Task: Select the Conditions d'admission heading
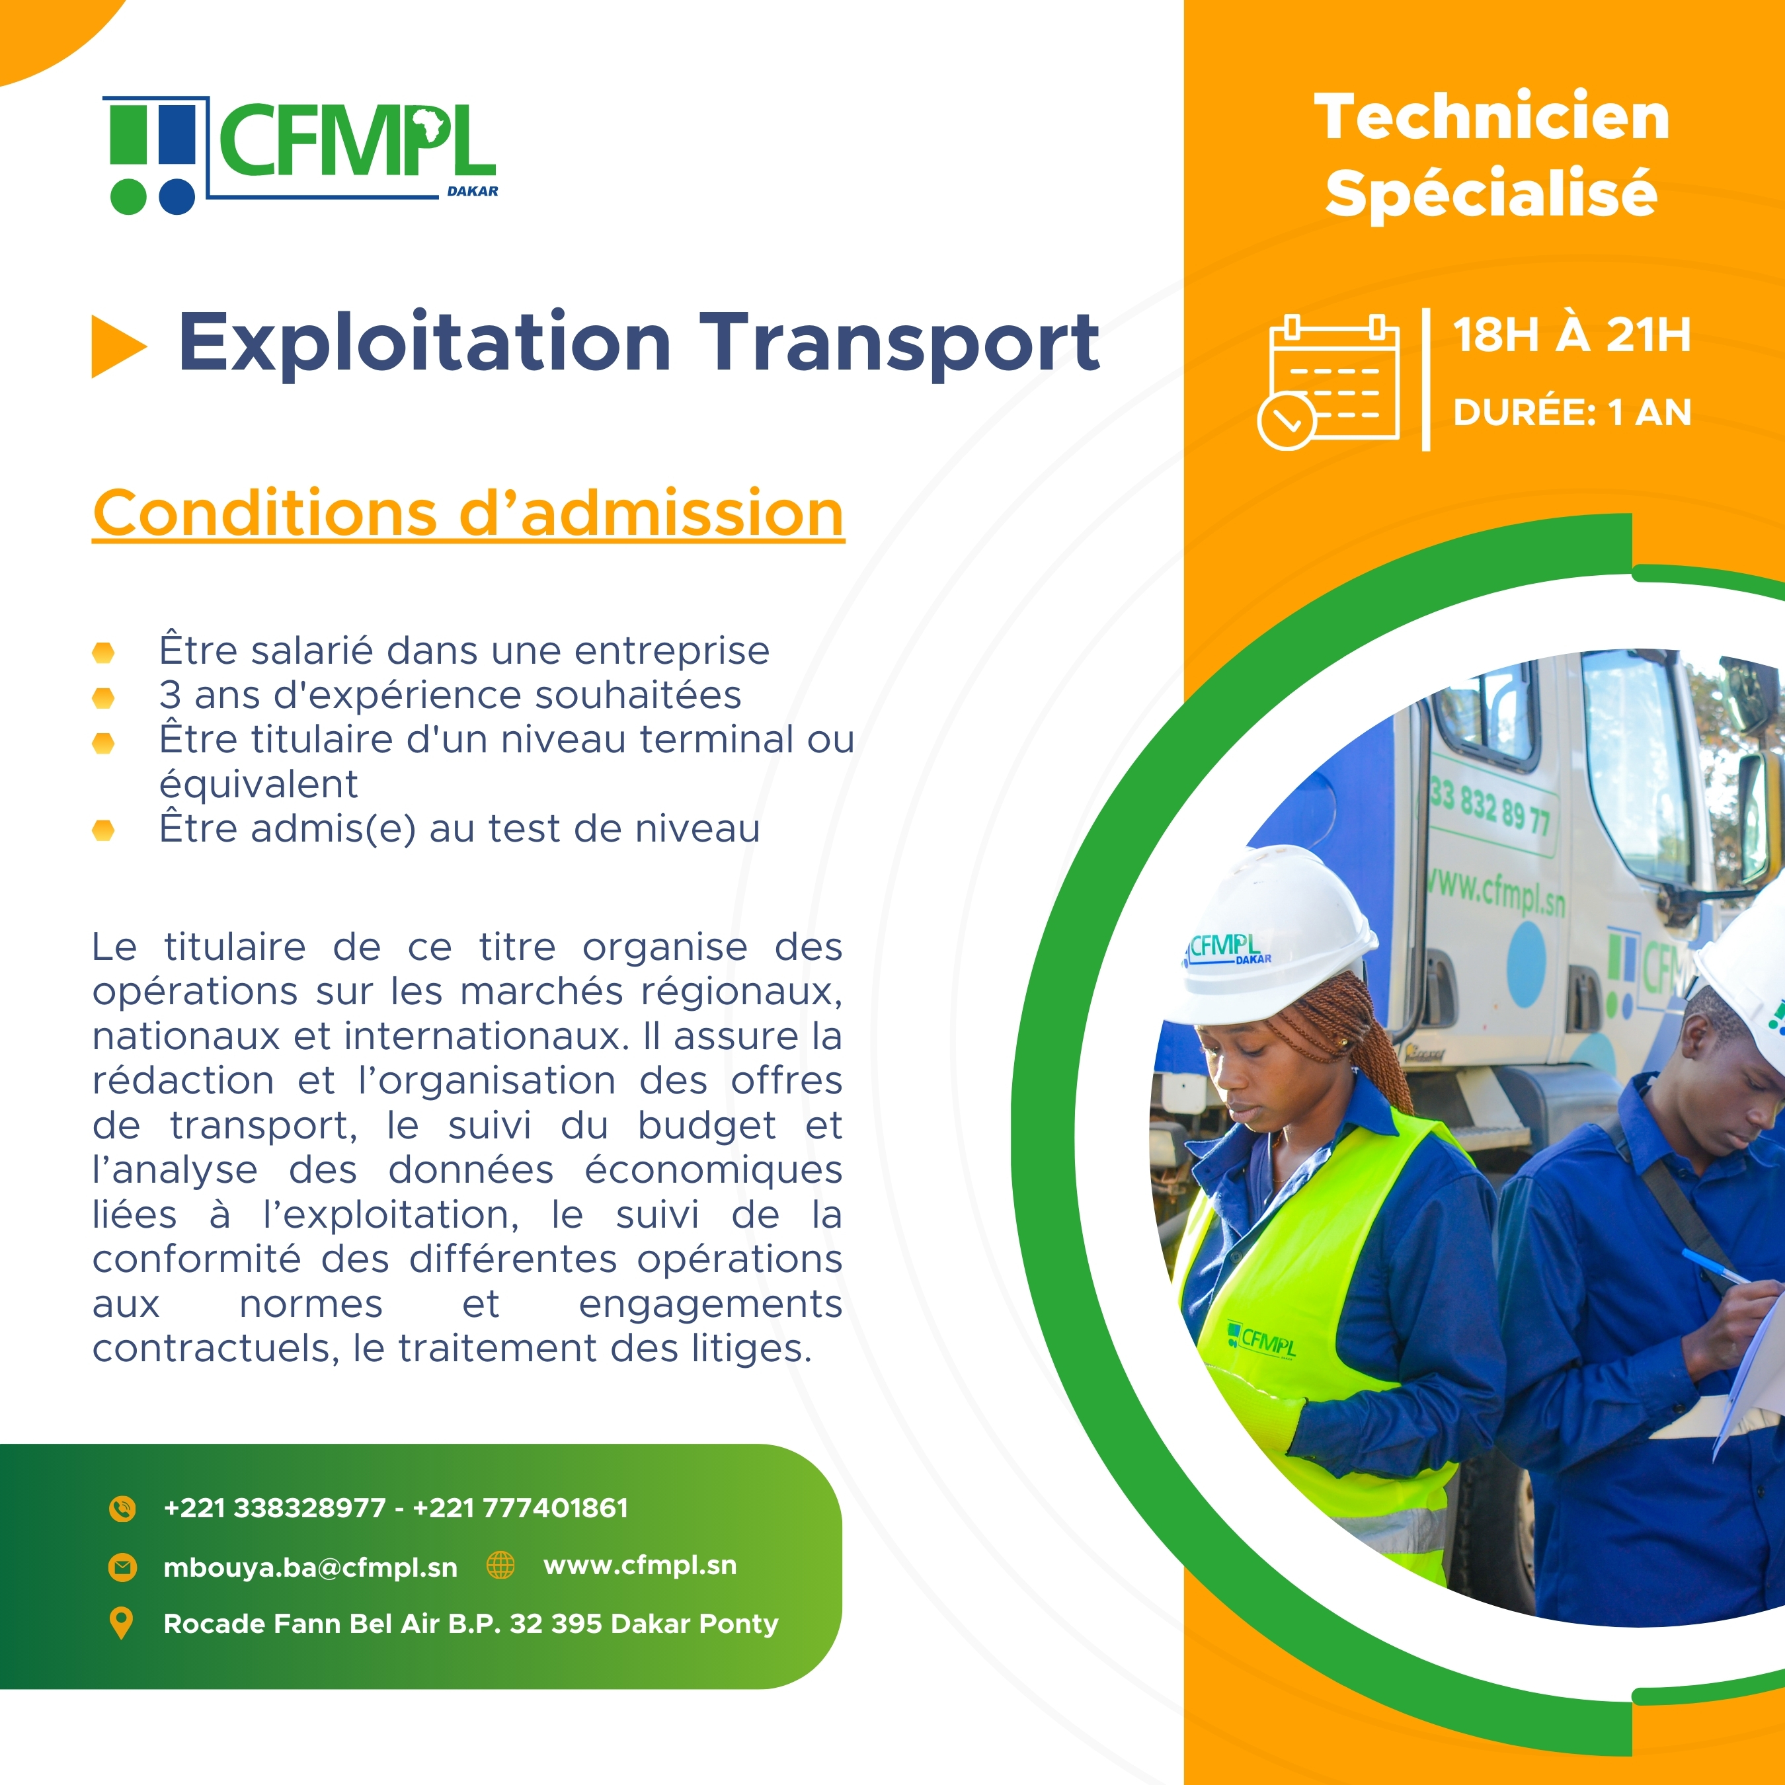(469, 514)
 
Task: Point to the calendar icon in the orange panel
(1329, 381)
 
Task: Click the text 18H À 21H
(1571, 335)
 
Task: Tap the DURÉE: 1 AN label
(1571, 412)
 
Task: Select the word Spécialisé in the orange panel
(1491, 193)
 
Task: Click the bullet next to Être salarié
(104, 653)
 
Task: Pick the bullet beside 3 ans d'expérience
(104, 697)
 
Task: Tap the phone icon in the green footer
(122, 1509)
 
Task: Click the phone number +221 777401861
(520, 1508)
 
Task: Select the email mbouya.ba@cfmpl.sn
(311, 1567)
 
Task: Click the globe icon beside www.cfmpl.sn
(500, 1565)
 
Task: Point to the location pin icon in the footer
(121, 1623)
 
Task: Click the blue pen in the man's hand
(1714, 1266)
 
